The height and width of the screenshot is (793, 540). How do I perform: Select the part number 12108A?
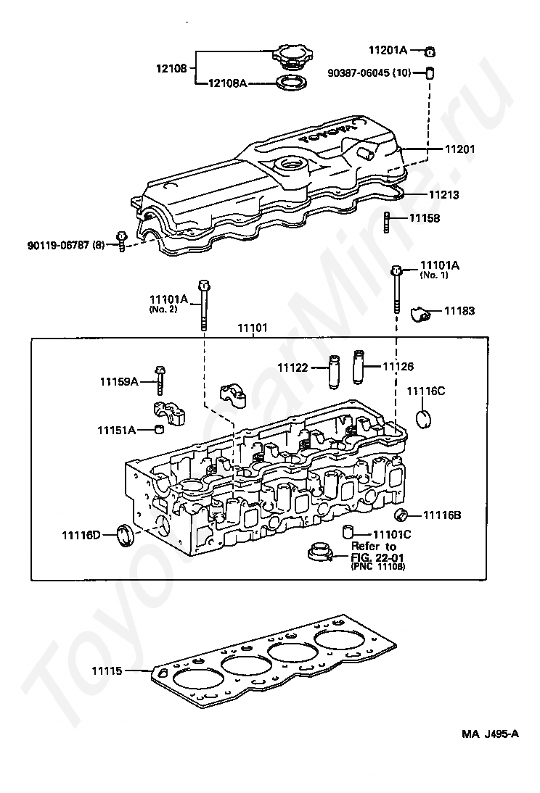[x=227, y=84]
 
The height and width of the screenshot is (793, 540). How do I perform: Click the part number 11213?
[x=443, y=195]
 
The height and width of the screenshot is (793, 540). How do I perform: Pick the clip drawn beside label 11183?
[x=420, y=312]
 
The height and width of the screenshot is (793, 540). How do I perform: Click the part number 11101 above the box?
[x=252, y=328]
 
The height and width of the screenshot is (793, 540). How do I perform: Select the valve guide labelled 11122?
[x=335, y=368]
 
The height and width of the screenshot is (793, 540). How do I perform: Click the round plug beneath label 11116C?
[x=423, y=419]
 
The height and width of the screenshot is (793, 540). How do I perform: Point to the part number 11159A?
[x=119, y=381]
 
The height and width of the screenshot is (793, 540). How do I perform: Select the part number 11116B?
[x=443, y=515]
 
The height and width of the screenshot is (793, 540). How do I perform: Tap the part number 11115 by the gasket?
[x=107, y=671]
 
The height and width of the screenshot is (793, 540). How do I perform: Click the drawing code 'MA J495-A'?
[x=490, y=734]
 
